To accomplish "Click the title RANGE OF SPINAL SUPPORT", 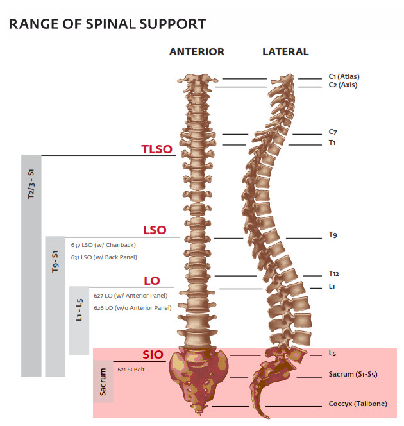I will [x=107, y=24].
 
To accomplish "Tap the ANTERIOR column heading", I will [x=197, y=52].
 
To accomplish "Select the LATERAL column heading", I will [x=285, y=52].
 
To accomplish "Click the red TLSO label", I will [x=157, y=149].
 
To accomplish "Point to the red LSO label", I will [x=154, y=230].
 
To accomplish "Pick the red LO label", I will [x=152, y=281].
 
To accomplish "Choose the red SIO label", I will [x=153, y=355].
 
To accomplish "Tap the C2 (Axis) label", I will [x=343, y=85].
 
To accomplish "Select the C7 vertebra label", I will [x=333, y=132].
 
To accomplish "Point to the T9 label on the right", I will [x=333, y=235].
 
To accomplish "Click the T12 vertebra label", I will [x=333, y=273].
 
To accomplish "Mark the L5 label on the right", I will [x=332, y=353].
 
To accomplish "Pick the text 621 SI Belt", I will [x=131, y=370].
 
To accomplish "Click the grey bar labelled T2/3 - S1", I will [x=31, y=265].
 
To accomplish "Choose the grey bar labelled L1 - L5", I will [x=79, y=319].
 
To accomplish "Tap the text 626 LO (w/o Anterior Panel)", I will [x=132, y=308].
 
